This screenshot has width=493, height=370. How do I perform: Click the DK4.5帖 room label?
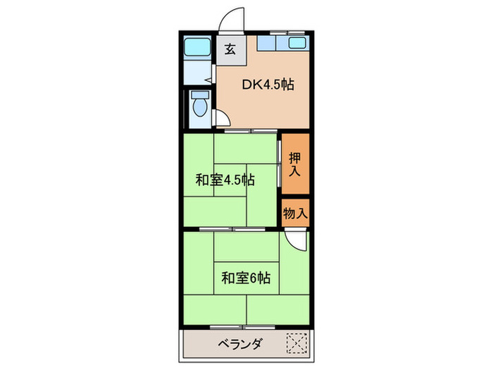point(268,85)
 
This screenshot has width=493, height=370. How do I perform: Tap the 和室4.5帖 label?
point(225,180)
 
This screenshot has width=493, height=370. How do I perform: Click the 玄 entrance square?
point(230,49)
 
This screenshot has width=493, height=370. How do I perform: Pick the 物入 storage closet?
point(295,212)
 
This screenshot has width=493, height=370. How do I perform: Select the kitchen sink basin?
point(297,44)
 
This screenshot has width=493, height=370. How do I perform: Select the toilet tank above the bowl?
point(199,94)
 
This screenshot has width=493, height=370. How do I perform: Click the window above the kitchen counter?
point(282,32)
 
